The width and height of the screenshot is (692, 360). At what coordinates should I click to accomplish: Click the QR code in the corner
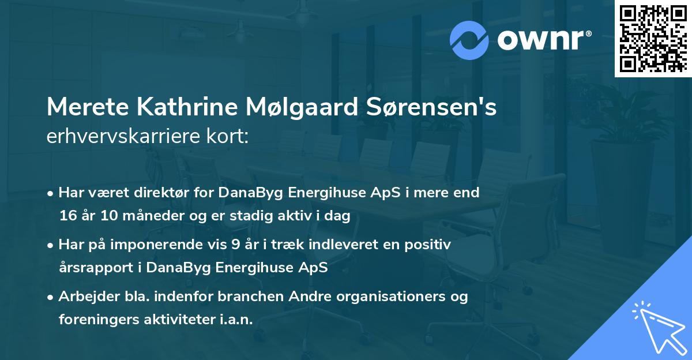click(652, 39)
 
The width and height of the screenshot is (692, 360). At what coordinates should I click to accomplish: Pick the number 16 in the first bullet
click(67, 216)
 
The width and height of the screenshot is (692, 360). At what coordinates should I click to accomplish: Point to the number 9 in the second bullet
click(235, 245)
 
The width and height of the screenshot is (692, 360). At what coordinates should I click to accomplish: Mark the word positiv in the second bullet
click(429, 245)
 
